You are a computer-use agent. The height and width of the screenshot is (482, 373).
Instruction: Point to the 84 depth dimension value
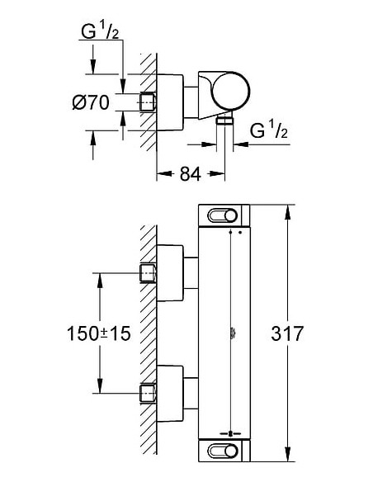pos(191,173)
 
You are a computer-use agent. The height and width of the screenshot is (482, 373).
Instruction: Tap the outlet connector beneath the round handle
pos(222,120)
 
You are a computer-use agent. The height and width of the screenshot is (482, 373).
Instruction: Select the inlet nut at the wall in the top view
pos(149,103)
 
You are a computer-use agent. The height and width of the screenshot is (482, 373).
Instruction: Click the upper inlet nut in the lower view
pos(149,272)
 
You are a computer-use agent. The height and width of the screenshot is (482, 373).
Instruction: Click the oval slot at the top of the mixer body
pos(224,216)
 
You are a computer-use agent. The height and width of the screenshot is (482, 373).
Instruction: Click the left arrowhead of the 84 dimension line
pos(161,173)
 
